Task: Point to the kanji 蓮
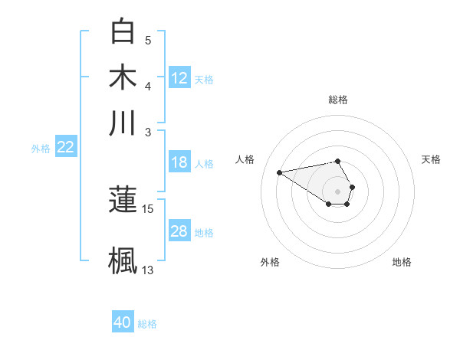pyautogui.click(x=123, y=199)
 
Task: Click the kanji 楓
pyautogui.click(x=123, y=258)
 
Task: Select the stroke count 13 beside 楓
pyautogui.click(x=147, y=270)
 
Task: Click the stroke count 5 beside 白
pyautogui.click(x=148, y=41)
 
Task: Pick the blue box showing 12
pyautogui.click(x=179, y=78)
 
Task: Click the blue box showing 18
pyautogui.click(x=179, y=162)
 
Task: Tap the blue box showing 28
pyautogui.click(x=179, y=231)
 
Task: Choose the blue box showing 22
pyautogui.click(x=66, y=148)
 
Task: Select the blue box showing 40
pyautogui.click(x=123, y=322)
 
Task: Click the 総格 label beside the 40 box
pyautogui.click(x=147, y=324)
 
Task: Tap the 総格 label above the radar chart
pyautogui.click(x=338, y=100)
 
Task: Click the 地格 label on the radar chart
pyautogui.click(x=402, y=262)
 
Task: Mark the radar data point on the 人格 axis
pyautogui.click(x=280, y=172)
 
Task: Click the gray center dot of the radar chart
pyautogui.click(x=338, y=191)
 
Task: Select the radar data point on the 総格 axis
pyautogui.click(x=338, y=161)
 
